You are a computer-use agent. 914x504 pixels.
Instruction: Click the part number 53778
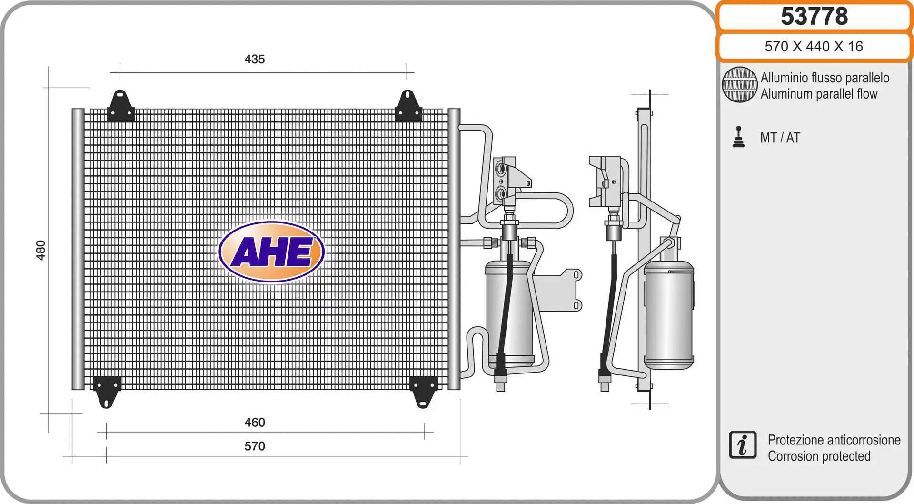coord(814,16)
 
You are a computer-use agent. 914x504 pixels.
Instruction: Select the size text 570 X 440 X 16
coord(814,46)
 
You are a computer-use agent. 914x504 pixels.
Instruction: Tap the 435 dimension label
coord(254,59)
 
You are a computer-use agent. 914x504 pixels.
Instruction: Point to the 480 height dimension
coord(40,250)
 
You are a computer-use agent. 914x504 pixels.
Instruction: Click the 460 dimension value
coord(254,422)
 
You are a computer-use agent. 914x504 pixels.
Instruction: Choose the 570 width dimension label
coord(254,446)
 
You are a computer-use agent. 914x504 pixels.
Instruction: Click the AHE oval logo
coord(271,252)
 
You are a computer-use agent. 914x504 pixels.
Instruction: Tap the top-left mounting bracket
coord(120,106)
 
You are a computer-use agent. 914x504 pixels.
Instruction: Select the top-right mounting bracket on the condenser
coord(408,106)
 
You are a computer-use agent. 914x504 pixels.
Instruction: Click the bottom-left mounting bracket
coord(107,391)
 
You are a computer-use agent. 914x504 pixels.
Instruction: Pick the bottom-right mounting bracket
coord(423,391)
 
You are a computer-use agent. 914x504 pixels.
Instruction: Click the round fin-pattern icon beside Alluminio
coord(739,85)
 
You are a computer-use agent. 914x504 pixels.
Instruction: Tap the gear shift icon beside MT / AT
coord(738,137)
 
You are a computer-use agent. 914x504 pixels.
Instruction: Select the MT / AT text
coord(780,138)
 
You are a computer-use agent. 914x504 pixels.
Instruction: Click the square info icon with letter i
coord(742,445)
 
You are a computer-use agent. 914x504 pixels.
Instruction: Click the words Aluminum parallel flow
coord(819,94)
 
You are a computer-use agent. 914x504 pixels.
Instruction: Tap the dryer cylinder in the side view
coord(668,314)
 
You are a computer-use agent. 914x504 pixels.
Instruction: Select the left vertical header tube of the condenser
coord(78,249)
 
